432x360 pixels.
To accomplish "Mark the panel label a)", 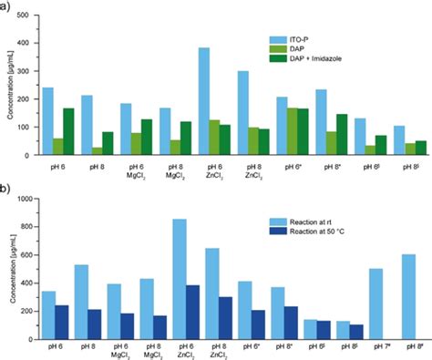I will [x=7, y=6].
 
